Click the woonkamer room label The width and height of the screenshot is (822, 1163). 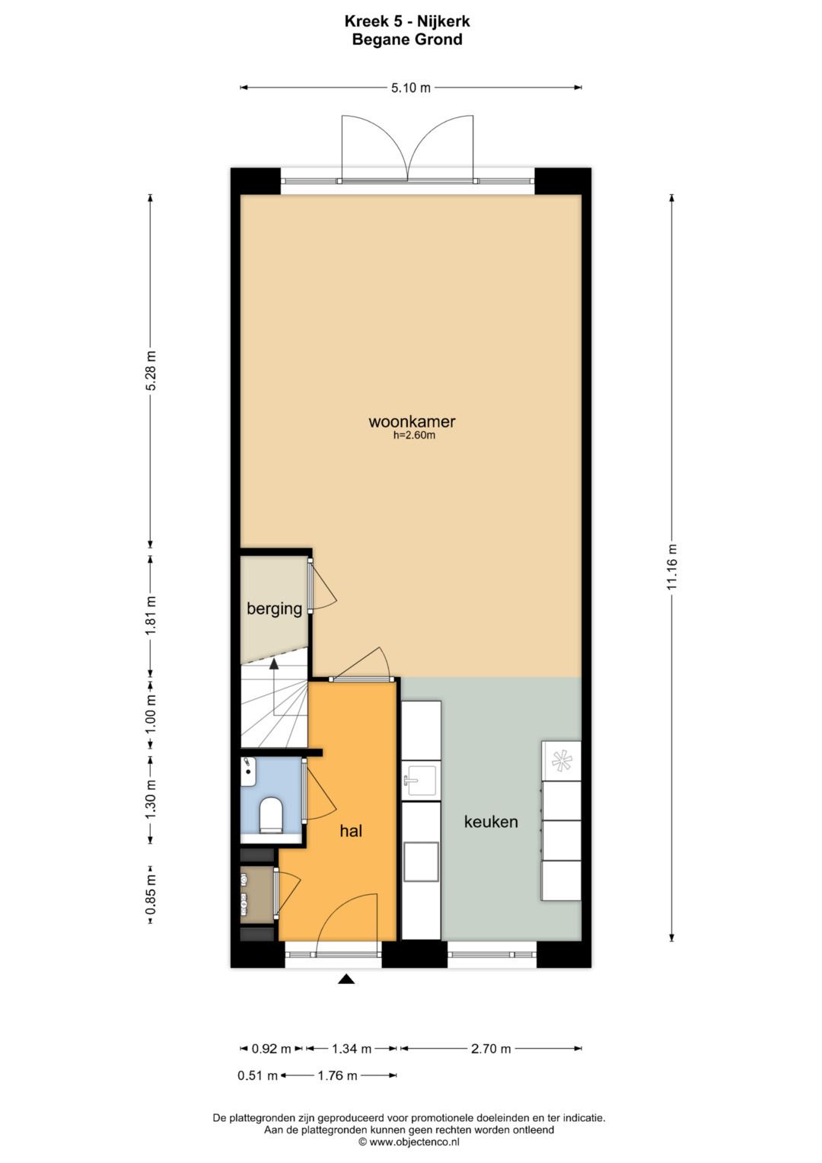pos(412,421)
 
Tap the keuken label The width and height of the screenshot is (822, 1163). pos(491,822)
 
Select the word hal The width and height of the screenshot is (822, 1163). pos(351,831)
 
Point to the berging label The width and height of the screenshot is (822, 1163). pos(274,609)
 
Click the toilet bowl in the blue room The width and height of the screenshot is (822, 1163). pos(271,814)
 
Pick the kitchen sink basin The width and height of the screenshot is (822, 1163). pos(421,781)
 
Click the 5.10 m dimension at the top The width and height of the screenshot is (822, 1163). pos(411,88)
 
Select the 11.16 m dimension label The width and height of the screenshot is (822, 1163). pos(671,567)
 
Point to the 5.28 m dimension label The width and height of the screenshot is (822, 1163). pos(151,371)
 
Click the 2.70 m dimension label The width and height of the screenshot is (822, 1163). pos(491,1049)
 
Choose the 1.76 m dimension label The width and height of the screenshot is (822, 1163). pos(338,1075)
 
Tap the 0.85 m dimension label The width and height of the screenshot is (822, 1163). pos(151,896)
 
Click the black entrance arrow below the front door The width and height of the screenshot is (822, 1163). pos(346,979)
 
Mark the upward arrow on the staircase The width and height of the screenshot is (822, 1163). pos(273,666)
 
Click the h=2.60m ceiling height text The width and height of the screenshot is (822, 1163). pos(414,436)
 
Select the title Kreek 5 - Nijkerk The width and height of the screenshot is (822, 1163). pos(407,22)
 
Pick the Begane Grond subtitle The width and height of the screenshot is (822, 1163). pos(407,40)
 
